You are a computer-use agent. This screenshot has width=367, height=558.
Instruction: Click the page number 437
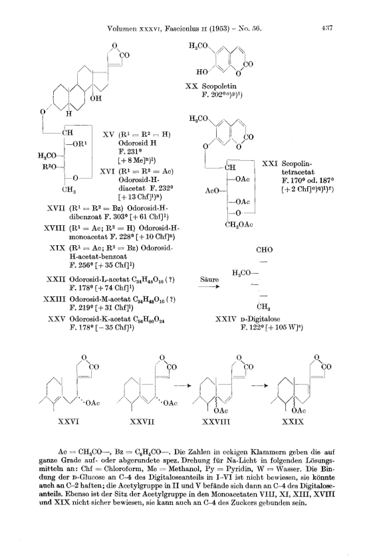326,28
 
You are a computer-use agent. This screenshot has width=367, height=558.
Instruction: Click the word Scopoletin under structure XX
219,86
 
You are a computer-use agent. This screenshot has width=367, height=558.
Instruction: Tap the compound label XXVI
68,422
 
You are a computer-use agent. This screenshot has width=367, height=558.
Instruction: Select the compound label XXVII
142,422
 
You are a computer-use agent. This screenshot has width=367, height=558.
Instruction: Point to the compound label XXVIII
216,422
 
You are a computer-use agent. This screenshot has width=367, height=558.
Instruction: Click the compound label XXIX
293,422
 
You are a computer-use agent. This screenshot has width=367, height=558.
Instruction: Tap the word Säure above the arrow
209,280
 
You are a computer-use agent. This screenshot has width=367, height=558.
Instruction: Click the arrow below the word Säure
209,286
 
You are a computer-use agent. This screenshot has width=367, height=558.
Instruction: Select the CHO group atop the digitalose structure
265,250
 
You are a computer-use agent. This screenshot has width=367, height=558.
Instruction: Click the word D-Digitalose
259,319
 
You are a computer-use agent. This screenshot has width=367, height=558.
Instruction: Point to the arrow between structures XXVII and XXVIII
182,385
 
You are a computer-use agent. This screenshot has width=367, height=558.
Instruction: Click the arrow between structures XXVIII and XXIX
259,385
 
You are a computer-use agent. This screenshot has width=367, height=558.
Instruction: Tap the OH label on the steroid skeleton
96,98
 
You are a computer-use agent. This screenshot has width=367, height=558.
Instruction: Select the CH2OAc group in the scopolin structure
239,225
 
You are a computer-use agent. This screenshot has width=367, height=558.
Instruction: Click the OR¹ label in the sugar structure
79,143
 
